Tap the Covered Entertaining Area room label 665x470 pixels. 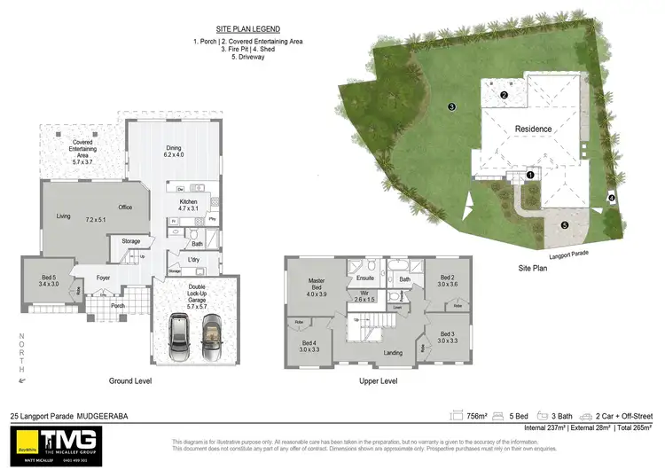point(82,153)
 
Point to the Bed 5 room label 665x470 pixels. point(48,280)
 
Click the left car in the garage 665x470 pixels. point(179,333)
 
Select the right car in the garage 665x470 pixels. point(211,333)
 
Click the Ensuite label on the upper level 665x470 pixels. point(365,263)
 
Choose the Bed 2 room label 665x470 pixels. point(446,280)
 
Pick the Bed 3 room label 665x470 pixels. point(447,337)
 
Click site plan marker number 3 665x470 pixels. point(451,107)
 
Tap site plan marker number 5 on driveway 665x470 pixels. point(565,225)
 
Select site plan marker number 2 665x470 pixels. point(504,95)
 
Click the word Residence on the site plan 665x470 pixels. point(534,129)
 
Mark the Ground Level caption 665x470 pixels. point(130,380)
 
